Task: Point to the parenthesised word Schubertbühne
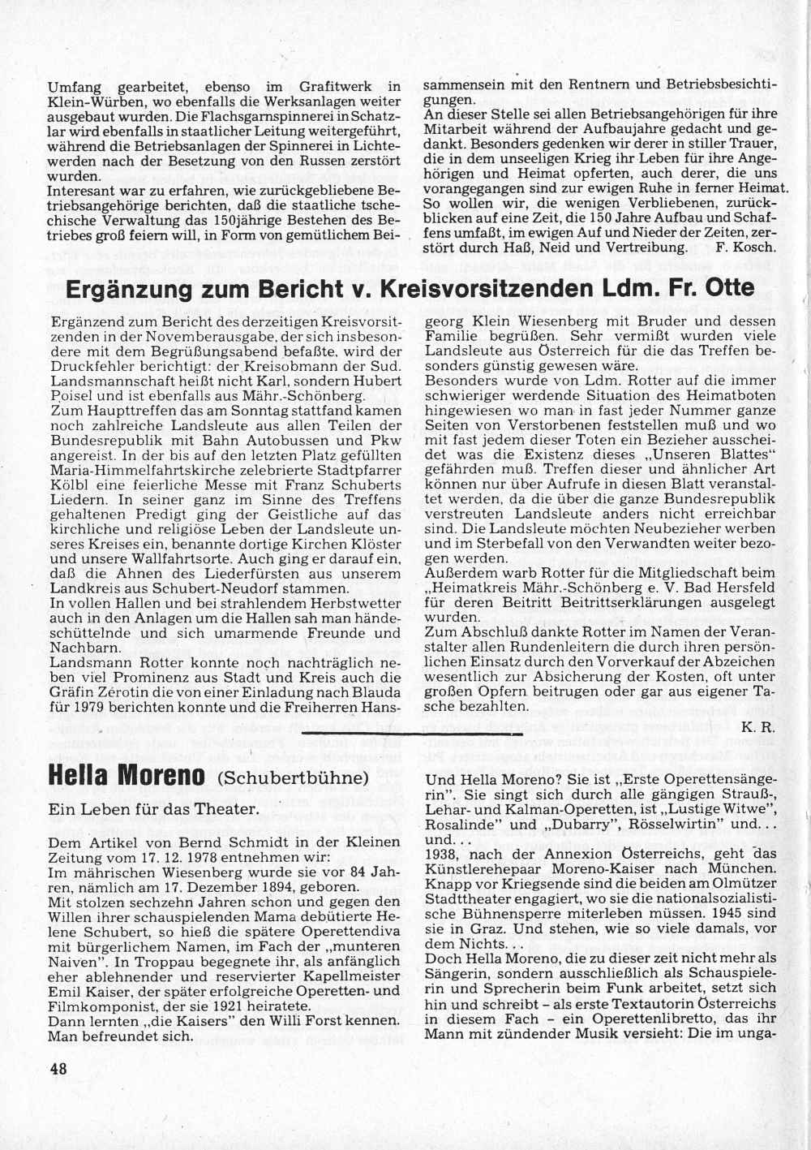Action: (x=293, y=778)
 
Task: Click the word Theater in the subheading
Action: (x=223, y=808)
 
